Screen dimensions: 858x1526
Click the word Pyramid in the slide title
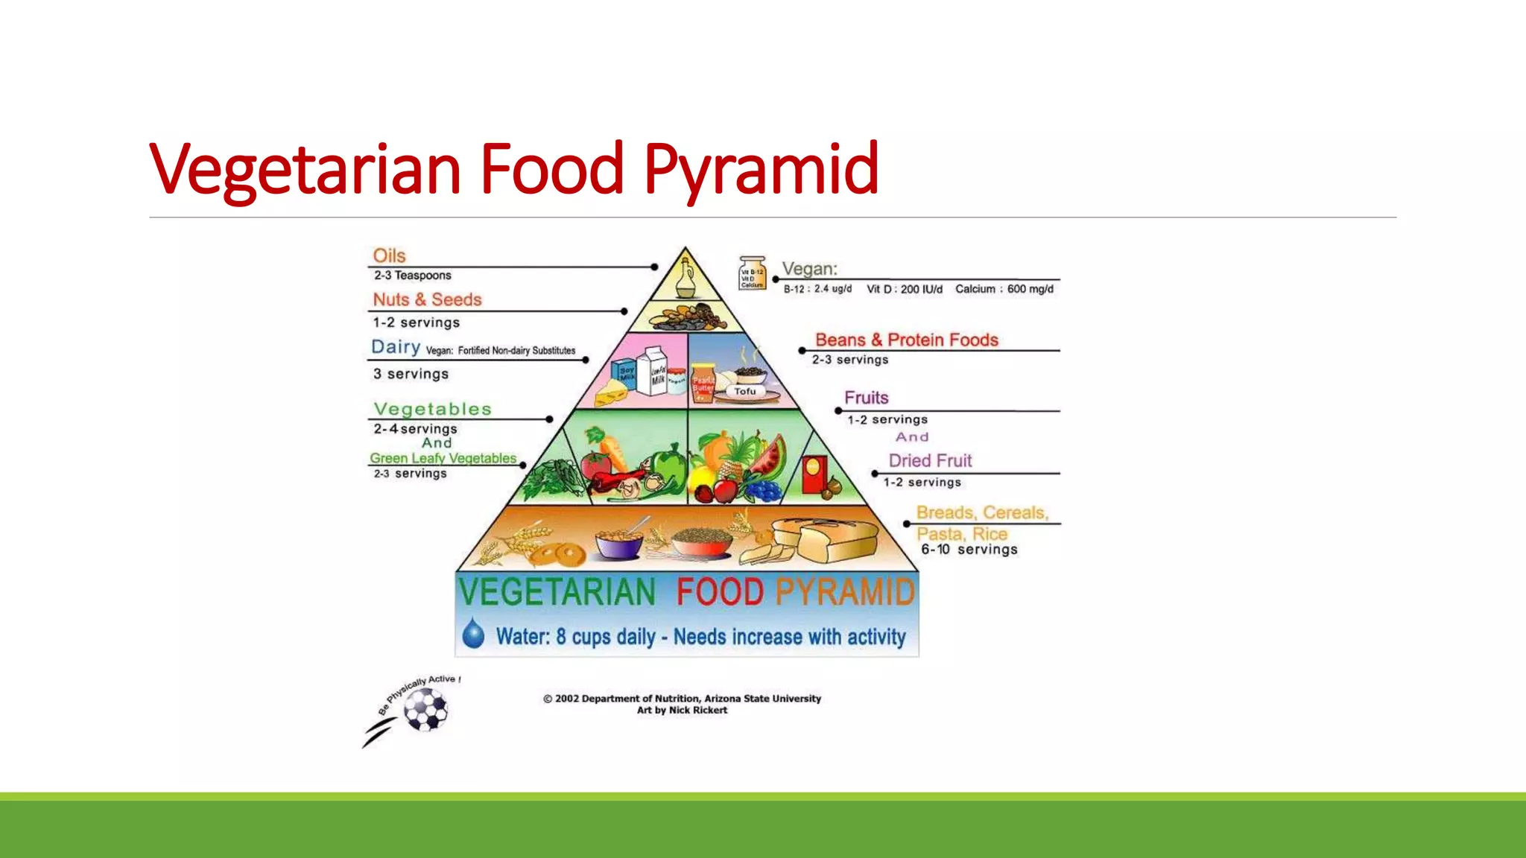[761, 170]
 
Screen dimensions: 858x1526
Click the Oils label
[389, 255]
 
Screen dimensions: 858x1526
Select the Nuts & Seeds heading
[427, 299]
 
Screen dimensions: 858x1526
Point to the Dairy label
[396, 347]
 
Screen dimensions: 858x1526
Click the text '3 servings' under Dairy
[411, 374]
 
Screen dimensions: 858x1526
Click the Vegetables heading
[432, 409]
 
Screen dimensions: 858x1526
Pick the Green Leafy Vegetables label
[443, 458]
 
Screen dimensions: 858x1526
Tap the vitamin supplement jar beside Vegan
[752, 273]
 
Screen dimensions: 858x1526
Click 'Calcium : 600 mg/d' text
[1004, 289]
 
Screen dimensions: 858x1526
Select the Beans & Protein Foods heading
[906, 340]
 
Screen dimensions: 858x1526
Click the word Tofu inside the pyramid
[744, 391]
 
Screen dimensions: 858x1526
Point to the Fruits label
[866, 398]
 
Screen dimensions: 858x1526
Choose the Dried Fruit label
[930, 460]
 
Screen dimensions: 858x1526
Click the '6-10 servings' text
[969, 550]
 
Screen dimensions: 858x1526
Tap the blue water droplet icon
[473, 634]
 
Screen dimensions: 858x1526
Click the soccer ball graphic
[425, 709]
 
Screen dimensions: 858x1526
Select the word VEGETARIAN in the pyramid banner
[557, 593]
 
